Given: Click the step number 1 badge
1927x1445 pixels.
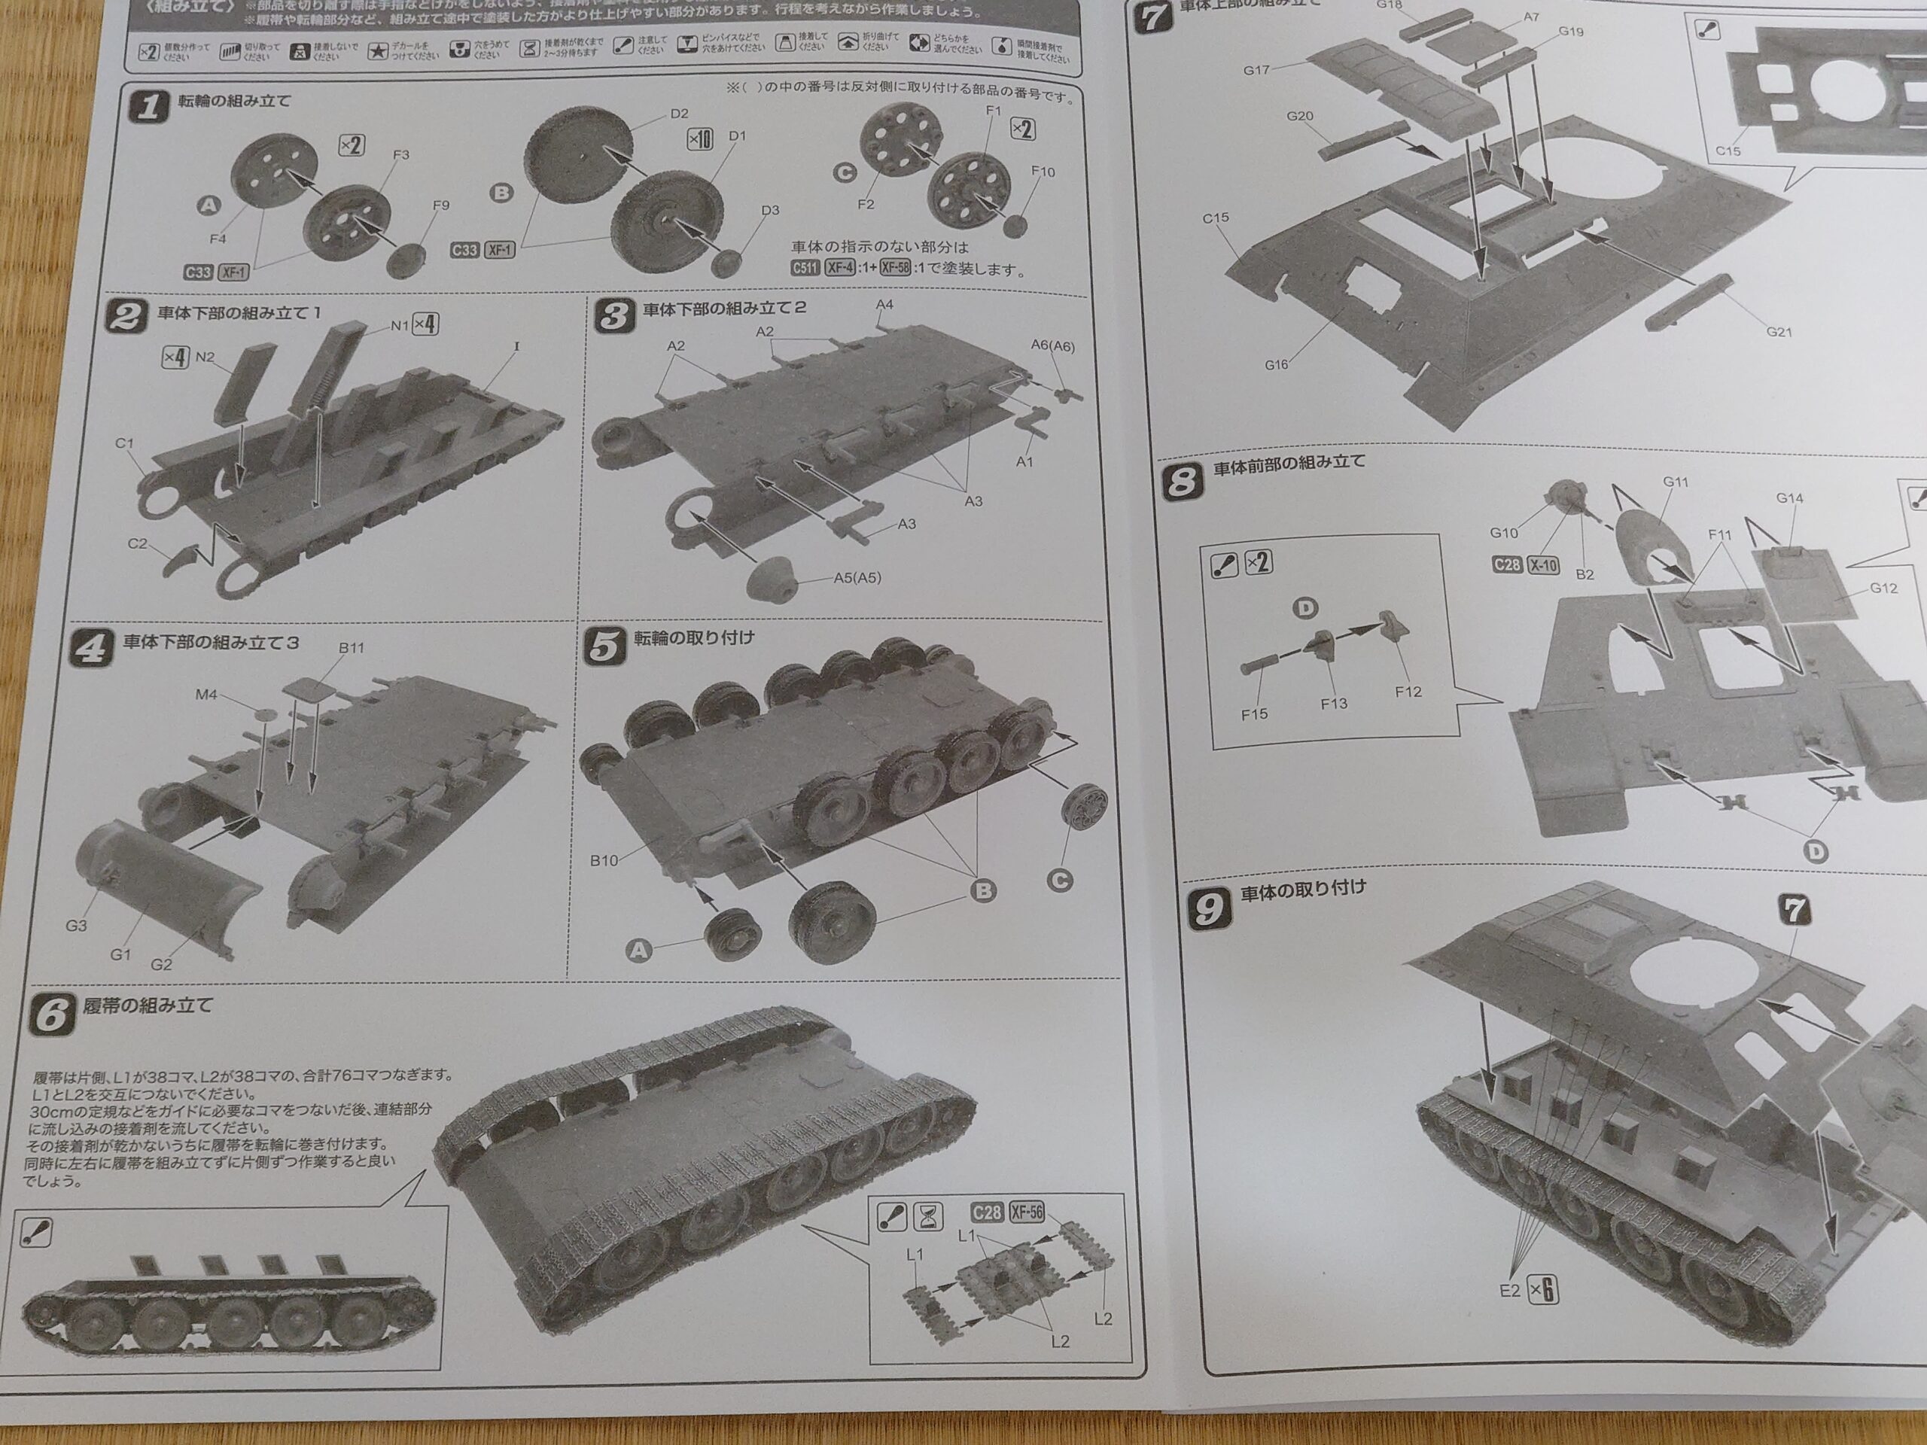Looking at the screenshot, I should click(148, 107).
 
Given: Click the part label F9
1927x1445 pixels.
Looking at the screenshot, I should click(441, 205).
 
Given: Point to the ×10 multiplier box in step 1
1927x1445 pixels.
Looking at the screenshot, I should click(699, 139).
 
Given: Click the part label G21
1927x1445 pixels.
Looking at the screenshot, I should click(1778, 332).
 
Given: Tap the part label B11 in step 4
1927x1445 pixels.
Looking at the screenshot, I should click(351, 648).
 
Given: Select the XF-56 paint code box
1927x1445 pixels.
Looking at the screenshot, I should click(1026, 1212).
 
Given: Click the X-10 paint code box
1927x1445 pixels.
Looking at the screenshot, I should click(1543, 564).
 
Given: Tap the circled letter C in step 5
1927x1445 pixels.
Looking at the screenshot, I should click(1060, 881).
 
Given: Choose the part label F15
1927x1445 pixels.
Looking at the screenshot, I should click(1255, 714).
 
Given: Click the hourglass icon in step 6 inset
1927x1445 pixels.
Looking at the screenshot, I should click(928, 1217).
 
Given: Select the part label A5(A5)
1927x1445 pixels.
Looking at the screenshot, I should click(857, 577).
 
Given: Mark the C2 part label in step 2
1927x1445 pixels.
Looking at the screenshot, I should click(138, 543).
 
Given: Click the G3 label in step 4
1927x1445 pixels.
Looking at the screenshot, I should click(76, 926).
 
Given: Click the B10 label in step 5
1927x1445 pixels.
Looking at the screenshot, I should click(604, 860).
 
